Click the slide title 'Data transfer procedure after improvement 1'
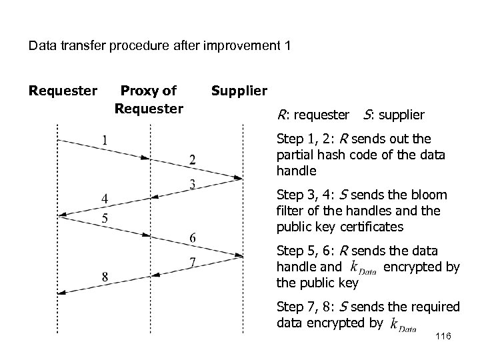point(159,47)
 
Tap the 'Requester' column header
point(63,90)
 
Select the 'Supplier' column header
point(239,90)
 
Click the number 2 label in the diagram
point(192,159)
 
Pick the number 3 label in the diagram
point(192,184)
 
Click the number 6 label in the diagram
point(192,237)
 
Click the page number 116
point(442,338)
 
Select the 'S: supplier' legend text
point(394,115)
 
